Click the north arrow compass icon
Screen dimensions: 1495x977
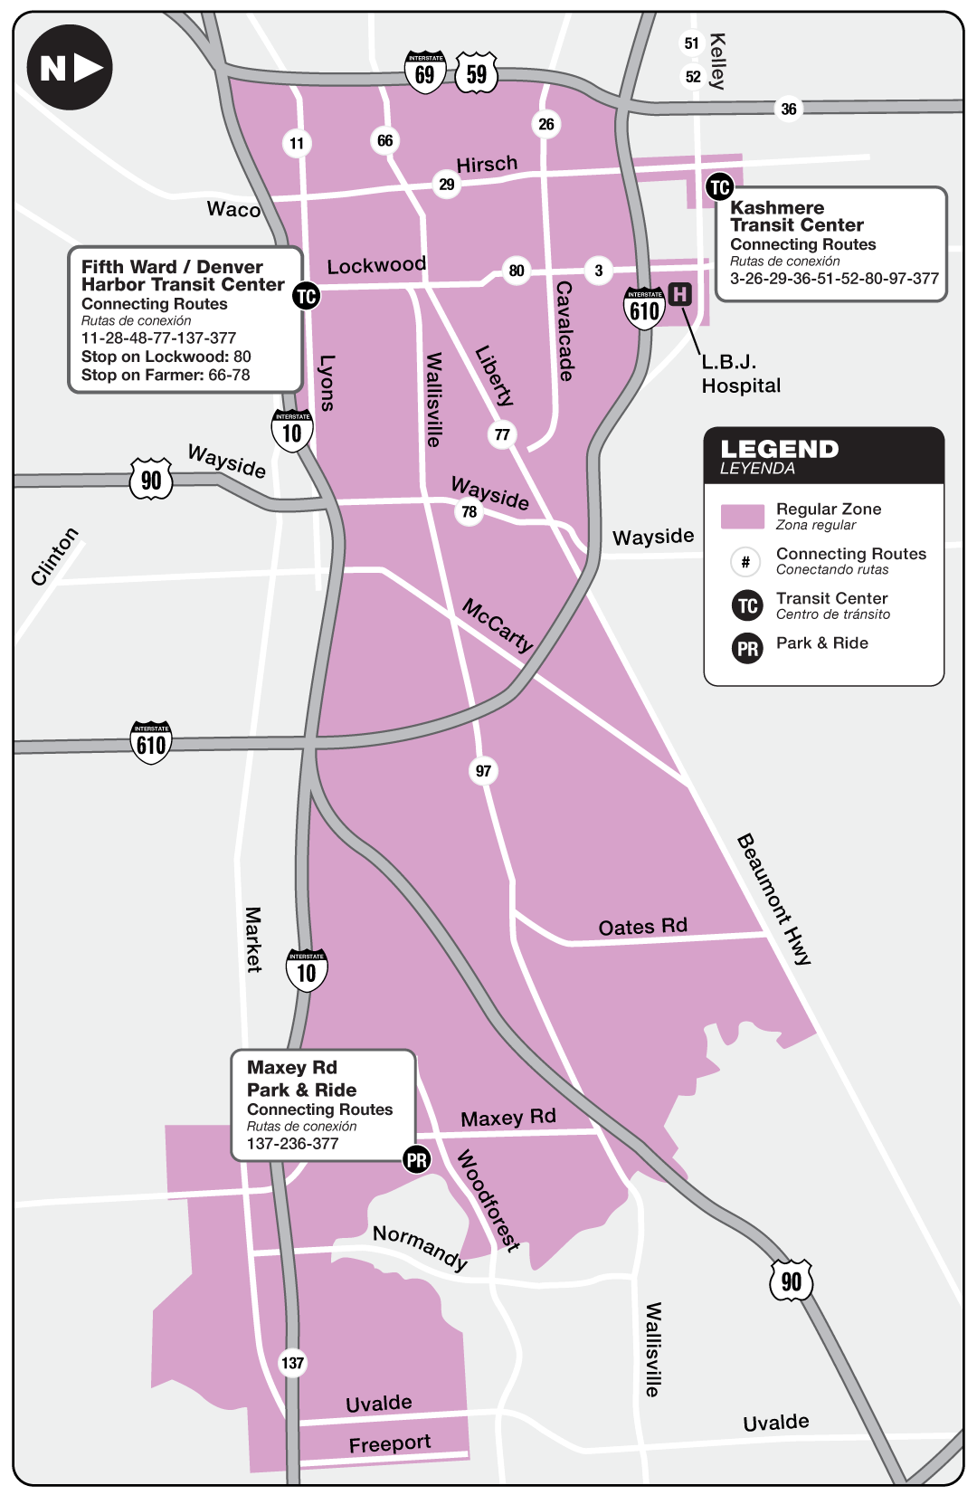pyautogui.click(x=70, y=67)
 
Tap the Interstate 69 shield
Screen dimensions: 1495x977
pyautogui.click(x=425, y=72)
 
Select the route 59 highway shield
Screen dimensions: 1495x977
pyautogui.click(x=477, y=72)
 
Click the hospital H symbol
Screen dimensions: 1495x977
pyautogui.click(x=679, y=294)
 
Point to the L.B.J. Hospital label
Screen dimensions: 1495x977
pyautogui.click(x=740, y=374)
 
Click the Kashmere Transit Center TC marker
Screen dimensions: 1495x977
pyautogui.click(x=719, y=187)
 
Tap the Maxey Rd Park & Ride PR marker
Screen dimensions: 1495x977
pyautogui.click(x=417, y=1160)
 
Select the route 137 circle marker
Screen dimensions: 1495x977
pyautogui.click(x=292, y=1363)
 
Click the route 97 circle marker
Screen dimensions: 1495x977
pyautogui.click(x=483, y=771)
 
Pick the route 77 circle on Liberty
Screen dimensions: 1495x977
pyautogui.click(x=502, y=434)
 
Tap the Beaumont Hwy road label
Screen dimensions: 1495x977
pyautogui.click(x=773, y=899)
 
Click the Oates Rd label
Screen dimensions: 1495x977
pyautogui.click(x=642, y=927)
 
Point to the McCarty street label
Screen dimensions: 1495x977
pyautogui.click(x=498, y=624)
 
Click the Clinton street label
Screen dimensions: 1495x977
pyautogui.click(x=54, y=556)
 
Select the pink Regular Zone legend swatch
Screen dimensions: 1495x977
pyautogui.click(x=743, y=516)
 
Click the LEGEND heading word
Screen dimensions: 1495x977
pyautogui.click(x=779, y=449)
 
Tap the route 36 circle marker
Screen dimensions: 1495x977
pyautogui.click(x=789, y=109)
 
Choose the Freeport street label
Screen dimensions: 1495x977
pyautogui.click(x=390, y=1443)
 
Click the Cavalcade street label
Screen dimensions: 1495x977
pyautogui.click(x=564, y=330)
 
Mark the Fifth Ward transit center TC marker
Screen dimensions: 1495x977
pyautogui.click(x=307, y=296)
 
